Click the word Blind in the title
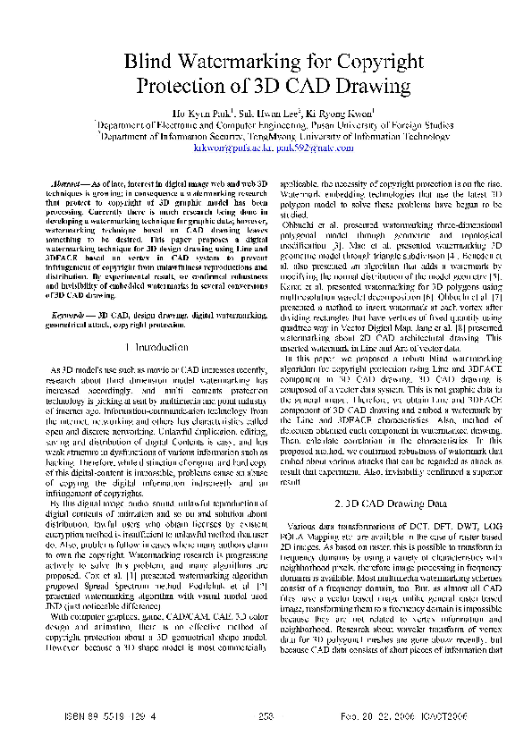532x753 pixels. tap(152, 62)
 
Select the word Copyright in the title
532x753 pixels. tap(369, 62)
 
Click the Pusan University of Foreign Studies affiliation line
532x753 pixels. tap(266, 127)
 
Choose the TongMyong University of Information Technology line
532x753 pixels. tap(266, 139)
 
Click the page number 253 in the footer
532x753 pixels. tap(266, 715)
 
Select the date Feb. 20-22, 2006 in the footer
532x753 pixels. tap(390, 715)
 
